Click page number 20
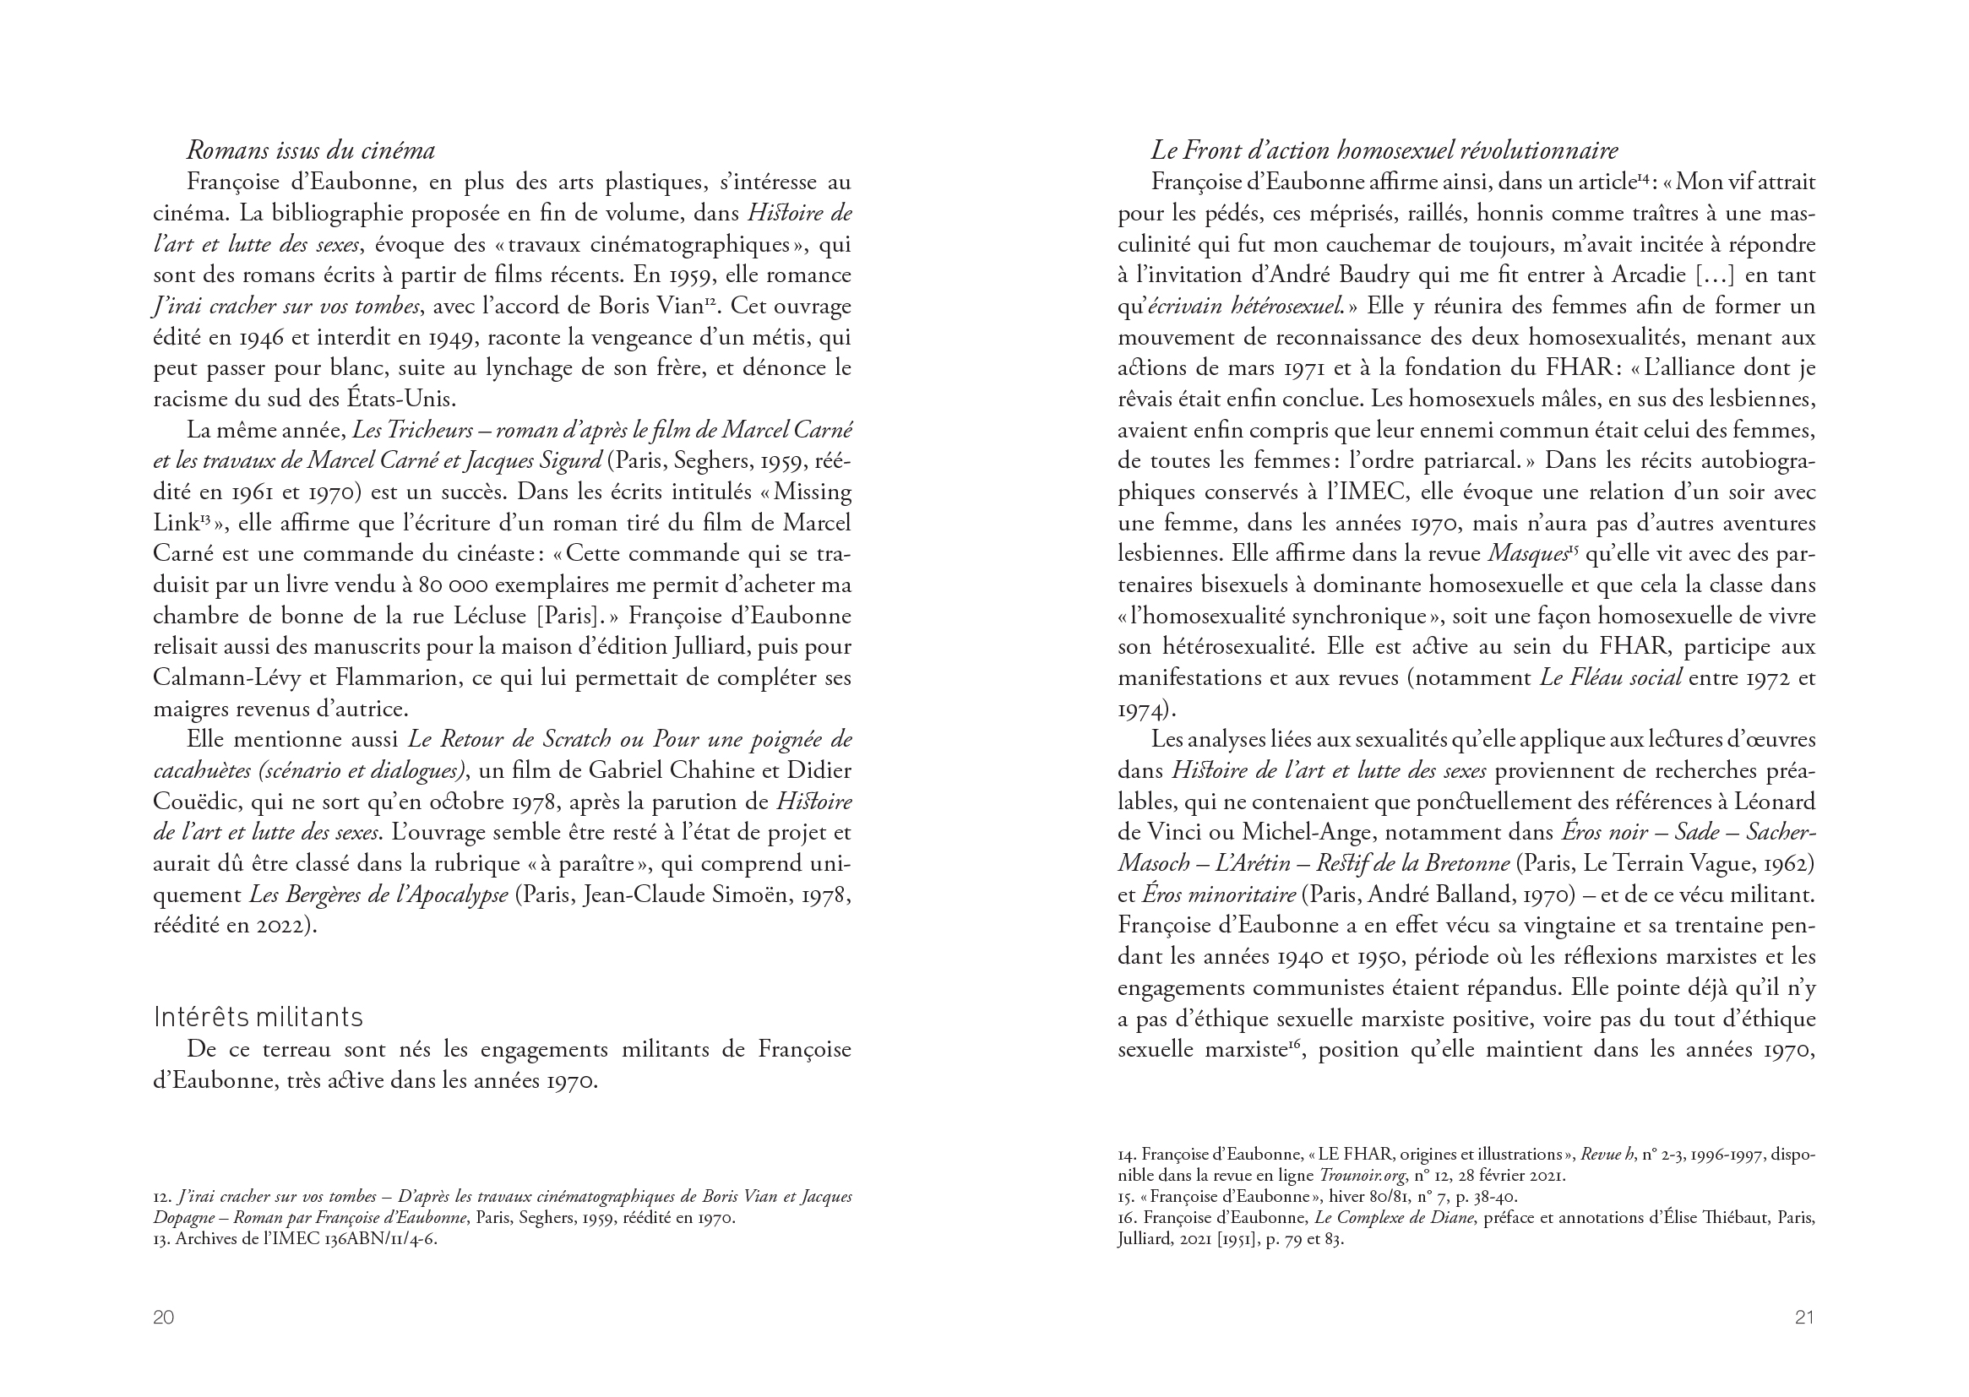pos(163,1317)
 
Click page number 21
pos(1804,1317)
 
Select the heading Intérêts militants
pos(258,1018)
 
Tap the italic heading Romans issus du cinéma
pos(311,150)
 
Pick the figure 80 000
pos(454,586)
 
